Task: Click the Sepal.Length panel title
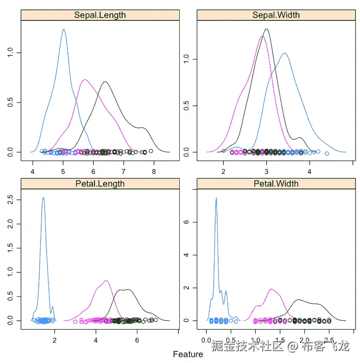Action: coord(100,15)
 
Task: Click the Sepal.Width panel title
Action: coord(276,15)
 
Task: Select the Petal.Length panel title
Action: coord(100,184)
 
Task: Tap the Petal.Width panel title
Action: coord(276,184)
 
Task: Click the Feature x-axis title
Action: coord(188,354)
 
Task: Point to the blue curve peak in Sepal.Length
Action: coord(63,30)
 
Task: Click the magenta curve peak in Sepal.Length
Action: coord(85,80)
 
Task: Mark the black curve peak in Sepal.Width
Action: coord(266,30)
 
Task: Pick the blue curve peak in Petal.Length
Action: coord(43,198)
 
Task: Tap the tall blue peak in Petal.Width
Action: coord(216,198)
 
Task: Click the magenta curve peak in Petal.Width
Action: coord(271,290)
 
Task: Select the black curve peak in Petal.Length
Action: coord(127,290)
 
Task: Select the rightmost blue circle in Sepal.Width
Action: coord(327,154)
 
